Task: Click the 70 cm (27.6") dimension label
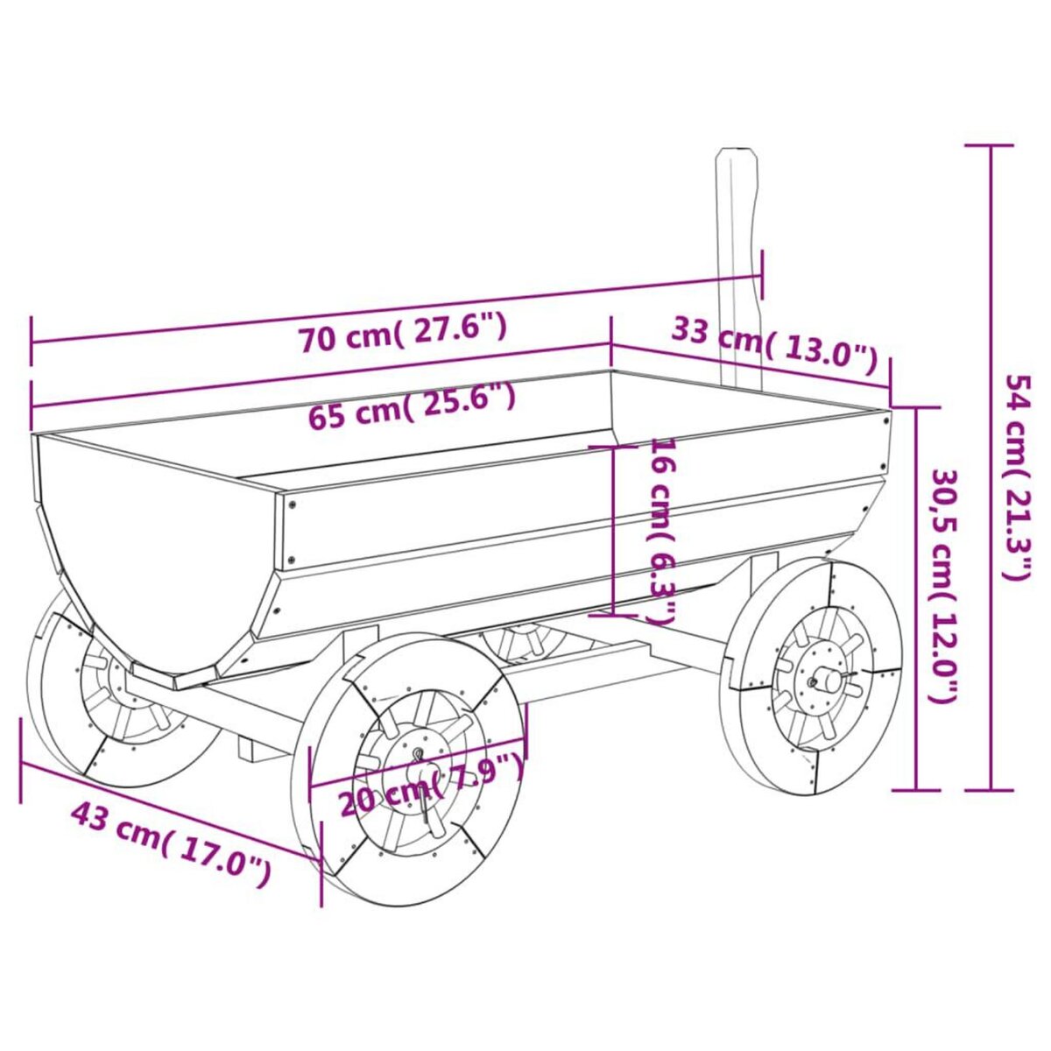coord(403,335)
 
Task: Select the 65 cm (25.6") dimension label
coord(412,406)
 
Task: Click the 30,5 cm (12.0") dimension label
coord(943,585)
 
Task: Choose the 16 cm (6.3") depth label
coord(663,530)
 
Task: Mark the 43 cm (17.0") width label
coord(171,842)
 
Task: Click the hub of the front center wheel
coord(418,755)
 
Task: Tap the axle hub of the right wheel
coord(823,678)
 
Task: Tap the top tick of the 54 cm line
coord(991,145)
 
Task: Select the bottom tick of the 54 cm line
coord(991,789)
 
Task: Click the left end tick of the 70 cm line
coord(32,342)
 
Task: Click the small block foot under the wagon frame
coord(254,750)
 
